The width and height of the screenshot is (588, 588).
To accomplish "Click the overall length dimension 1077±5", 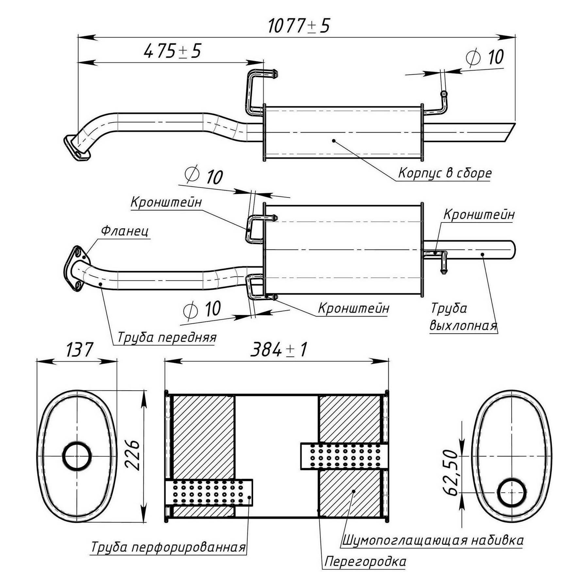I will click(299, 26).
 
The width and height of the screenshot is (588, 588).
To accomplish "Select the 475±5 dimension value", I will click(172, 51).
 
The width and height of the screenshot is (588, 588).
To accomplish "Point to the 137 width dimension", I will click(79, 350).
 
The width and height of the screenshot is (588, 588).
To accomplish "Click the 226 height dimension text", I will click(133, 455).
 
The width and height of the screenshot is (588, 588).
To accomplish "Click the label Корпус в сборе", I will click(445, 173).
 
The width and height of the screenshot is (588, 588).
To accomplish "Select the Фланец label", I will click(125, 231).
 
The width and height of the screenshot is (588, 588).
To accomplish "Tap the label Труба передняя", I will click(167, 337).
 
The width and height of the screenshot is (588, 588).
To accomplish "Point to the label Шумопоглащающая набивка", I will click(433, 540).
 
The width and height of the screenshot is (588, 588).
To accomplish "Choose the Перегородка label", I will click(365, 562).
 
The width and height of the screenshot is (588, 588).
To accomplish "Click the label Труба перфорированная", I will click(168, 547).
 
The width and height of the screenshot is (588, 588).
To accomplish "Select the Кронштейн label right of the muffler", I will click(479, 215).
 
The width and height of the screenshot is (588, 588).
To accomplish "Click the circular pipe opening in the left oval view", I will click(77, 456).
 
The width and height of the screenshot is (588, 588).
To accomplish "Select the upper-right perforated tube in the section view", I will click(344, 456).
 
